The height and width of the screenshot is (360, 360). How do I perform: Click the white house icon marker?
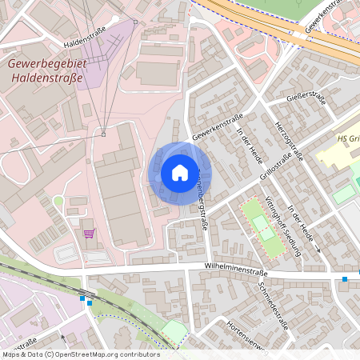coord(180,172)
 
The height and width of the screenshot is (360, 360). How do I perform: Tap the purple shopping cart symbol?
coord(88,234)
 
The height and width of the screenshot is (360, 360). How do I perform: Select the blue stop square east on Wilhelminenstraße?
coord(345,279)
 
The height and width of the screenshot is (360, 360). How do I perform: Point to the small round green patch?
coord(58,201)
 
